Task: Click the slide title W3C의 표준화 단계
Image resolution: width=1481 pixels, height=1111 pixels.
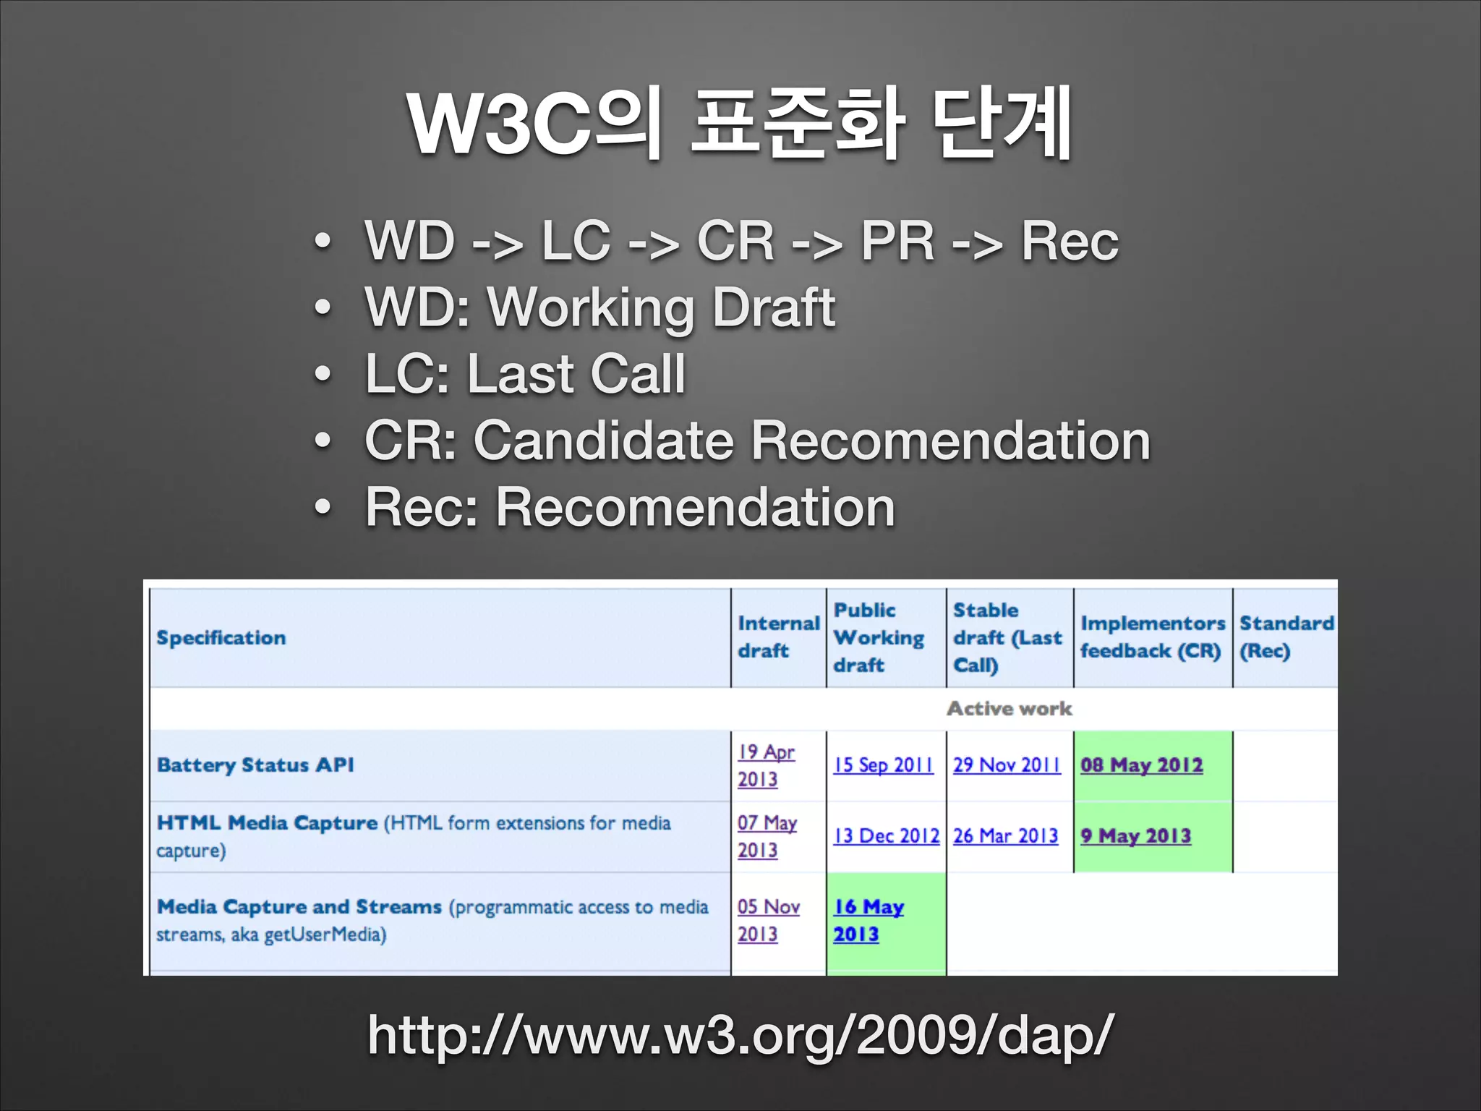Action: coord(739,123)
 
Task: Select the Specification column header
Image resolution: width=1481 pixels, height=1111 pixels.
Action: coord(221,638)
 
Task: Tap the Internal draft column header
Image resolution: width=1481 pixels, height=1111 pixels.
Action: coord(778,637)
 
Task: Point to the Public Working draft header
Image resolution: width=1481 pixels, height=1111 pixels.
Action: coord(879,637)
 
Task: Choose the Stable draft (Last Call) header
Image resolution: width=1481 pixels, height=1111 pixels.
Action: coord(1007,637)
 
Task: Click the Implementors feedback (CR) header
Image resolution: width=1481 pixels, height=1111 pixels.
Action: coord(1152,637)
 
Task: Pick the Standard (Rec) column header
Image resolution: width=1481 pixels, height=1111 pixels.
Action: coord(1286,637)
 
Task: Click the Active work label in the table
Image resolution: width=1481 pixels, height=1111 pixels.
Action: coord(1010,709)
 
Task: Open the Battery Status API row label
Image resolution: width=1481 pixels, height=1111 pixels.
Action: coord(255,765)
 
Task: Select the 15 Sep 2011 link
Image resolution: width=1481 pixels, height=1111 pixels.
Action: coord(884,765)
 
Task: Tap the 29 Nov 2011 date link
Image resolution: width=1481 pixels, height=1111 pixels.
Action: coord(1007,765)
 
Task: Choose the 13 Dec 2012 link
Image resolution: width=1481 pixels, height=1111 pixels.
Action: coord(887,836)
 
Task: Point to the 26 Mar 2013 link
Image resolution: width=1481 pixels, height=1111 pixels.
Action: coord(1005,836)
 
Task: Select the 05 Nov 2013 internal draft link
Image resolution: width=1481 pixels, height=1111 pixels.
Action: coord(768,920)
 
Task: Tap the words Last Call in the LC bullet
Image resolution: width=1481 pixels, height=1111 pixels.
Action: coord(576,374)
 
